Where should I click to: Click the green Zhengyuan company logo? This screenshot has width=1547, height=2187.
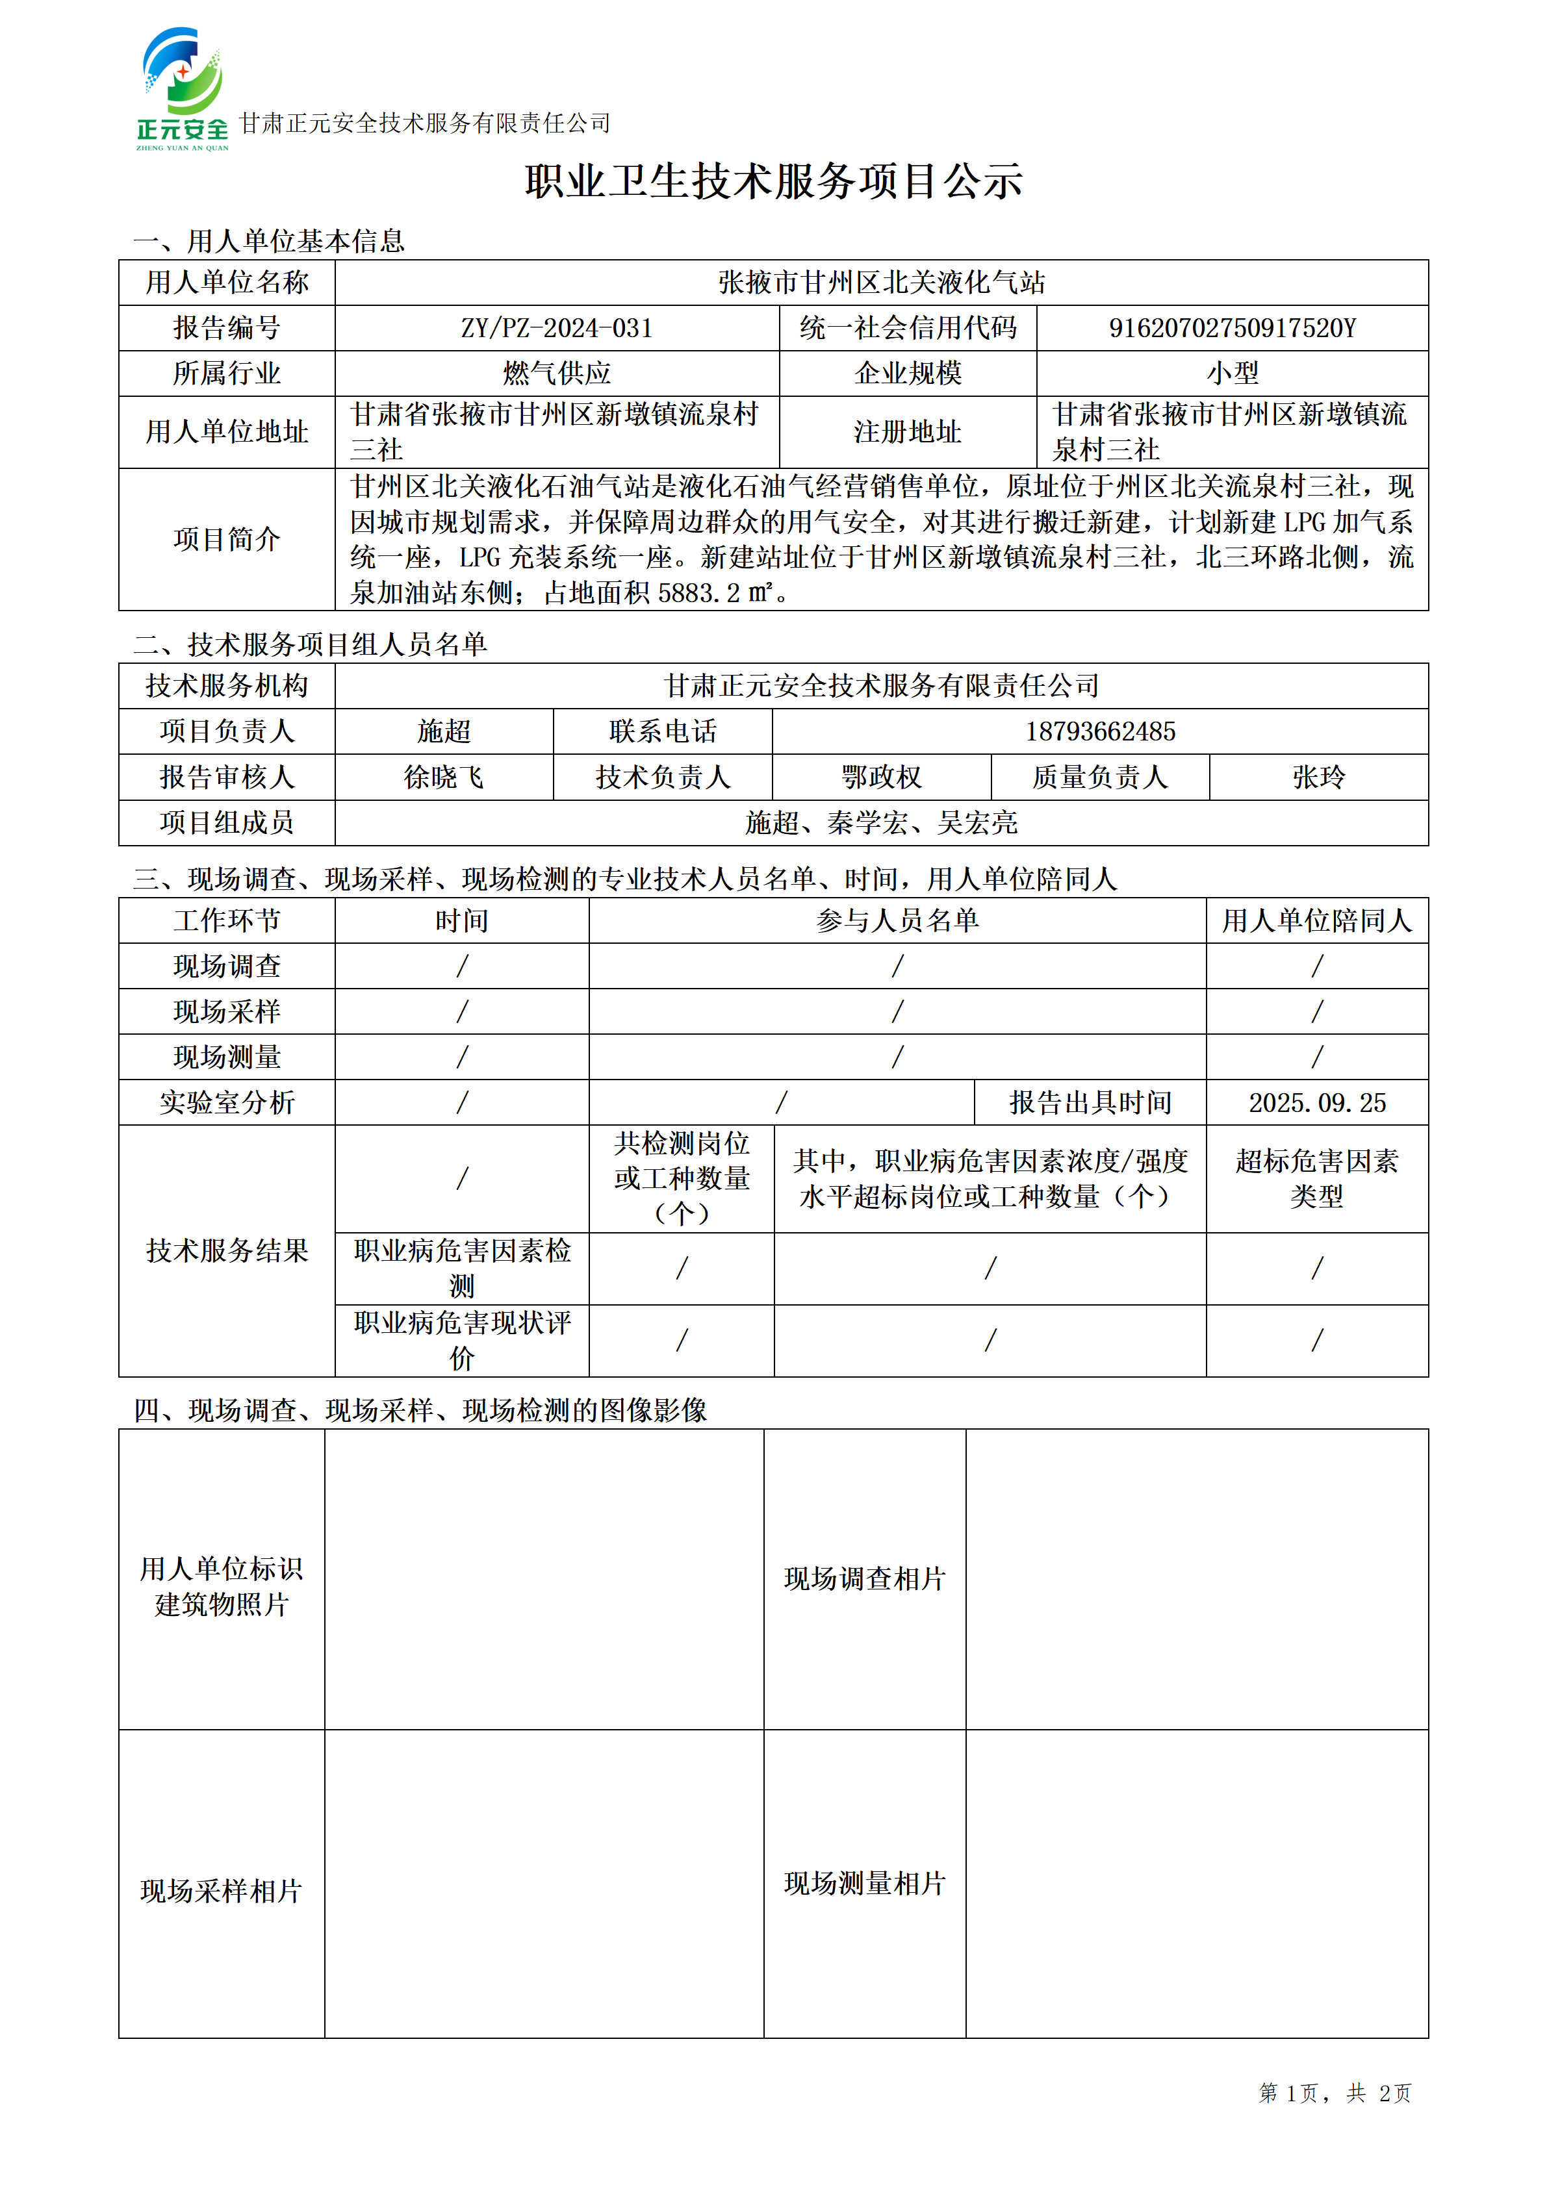coord(182,88)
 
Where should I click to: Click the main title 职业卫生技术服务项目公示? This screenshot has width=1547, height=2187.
coord(773,181)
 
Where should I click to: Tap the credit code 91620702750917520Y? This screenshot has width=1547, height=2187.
coord(1232,329)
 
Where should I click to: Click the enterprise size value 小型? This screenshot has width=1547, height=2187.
coord(1232,373)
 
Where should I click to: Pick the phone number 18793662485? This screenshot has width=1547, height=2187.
coord(1100,731)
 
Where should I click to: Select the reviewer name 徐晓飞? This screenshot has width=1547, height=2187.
coord(444,777)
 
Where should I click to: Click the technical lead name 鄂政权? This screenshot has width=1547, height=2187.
coord(881,777)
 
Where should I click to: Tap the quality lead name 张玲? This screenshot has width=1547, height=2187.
coord(1318,777)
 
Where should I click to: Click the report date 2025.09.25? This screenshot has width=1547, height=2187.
coord(1318,1103)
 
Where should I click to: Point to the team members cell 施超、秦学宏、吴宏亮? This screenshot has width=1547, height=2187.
coord(881,823)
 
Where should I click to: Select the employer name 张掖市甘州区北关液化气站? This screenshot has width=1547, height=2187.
coord(881,283)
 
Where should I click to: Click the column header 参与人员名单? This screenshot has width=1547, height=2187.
coord(897,920)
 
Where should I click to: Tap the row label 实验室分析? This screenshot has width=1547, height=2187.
coord(227,1103)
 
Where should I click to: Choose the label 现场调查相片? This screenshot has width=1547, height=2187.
coord(864,1579)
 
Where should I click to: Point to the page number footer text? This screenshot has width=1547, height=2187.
coord(1334,2093)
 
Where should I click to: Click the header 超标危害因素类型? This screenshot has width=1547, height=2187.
coord(1318,1178)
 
